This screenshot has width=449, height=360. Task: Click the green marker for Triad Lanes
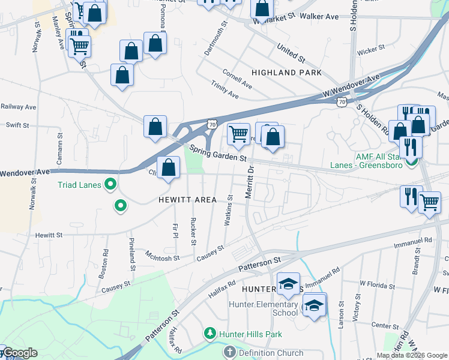(110, 185)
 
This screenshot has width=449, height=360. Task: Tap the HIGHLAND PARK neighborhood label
(286, 73)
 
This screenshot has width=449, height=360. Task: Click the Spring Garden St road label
(218, 153)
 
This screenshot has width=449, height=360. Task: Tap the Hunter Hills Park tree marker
(209, 333)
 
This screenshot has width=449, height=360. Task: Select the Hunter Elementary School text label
(263, 308)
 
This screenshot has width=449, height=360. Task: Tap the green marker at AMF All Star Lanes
(411, 161)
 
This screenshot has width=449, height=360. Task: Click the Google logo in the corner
(19, 353)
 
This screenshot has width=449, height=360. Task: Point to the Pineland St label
(131, 253)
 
